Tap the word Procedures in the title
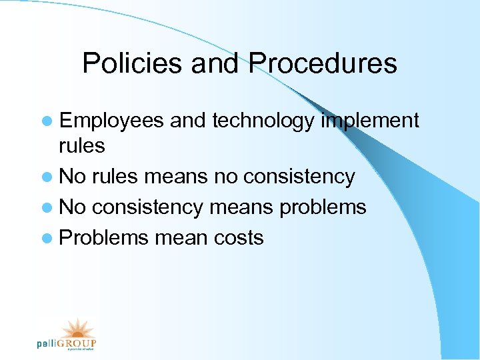323,64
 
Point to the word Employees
111,121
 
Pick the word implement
370,121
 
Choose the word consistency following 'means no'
299,177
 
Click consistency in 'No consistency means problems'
147,207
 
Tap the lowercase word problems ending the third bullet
323,207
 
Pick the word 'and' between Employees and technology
188,121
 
